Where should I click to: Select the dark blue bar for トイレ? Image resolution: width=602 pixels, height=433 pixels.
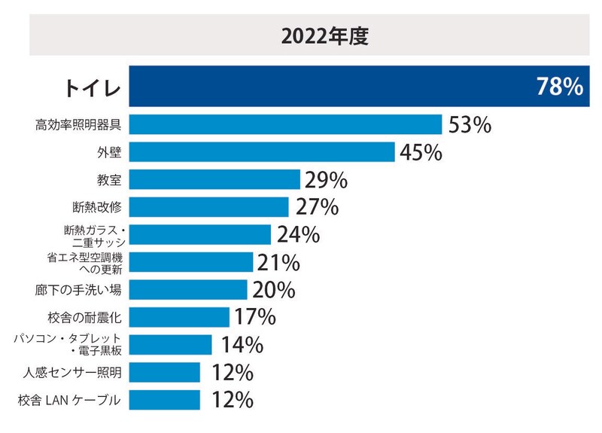pyautogui.click(x=331, y=87)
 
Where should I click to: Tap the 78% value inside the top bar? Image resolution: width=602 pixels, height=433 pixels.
pyautogui.click(x=559, y=87)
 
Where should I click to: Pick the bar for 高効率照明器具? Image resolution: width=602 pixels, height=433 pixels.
pyautogui.click(x=285, y=124)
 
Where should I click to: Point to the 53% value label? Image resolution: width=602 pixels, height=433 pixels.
pyautogui.click(x=470, y=124)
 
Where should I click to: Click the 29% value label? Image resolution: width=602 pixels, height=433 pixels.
pyautogui.click(x=326, y=180)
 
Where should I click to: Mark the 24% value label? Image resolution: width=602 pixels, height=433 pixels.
pyautogui.click(x=298, y=234)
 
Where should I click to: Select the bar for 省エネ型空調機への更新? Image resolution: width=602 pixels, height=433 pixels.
pyautogui.click(x=191, y=262)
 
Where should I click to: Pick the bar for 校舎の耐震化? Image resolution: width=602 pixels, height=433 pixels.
pyautogui.click(x=179, y=317)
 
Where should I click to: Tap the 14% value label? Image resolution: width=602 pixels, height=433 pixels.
pyautogui.click(x=242, y=345)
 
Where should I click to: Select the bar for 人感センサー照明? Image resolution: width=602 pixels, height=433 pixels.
pyautogui.click(x=165, y=372)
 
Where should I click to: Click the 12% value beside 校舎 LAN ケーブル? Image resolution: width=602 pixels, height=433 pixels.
pyautogui.click(x=231, y=400)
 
